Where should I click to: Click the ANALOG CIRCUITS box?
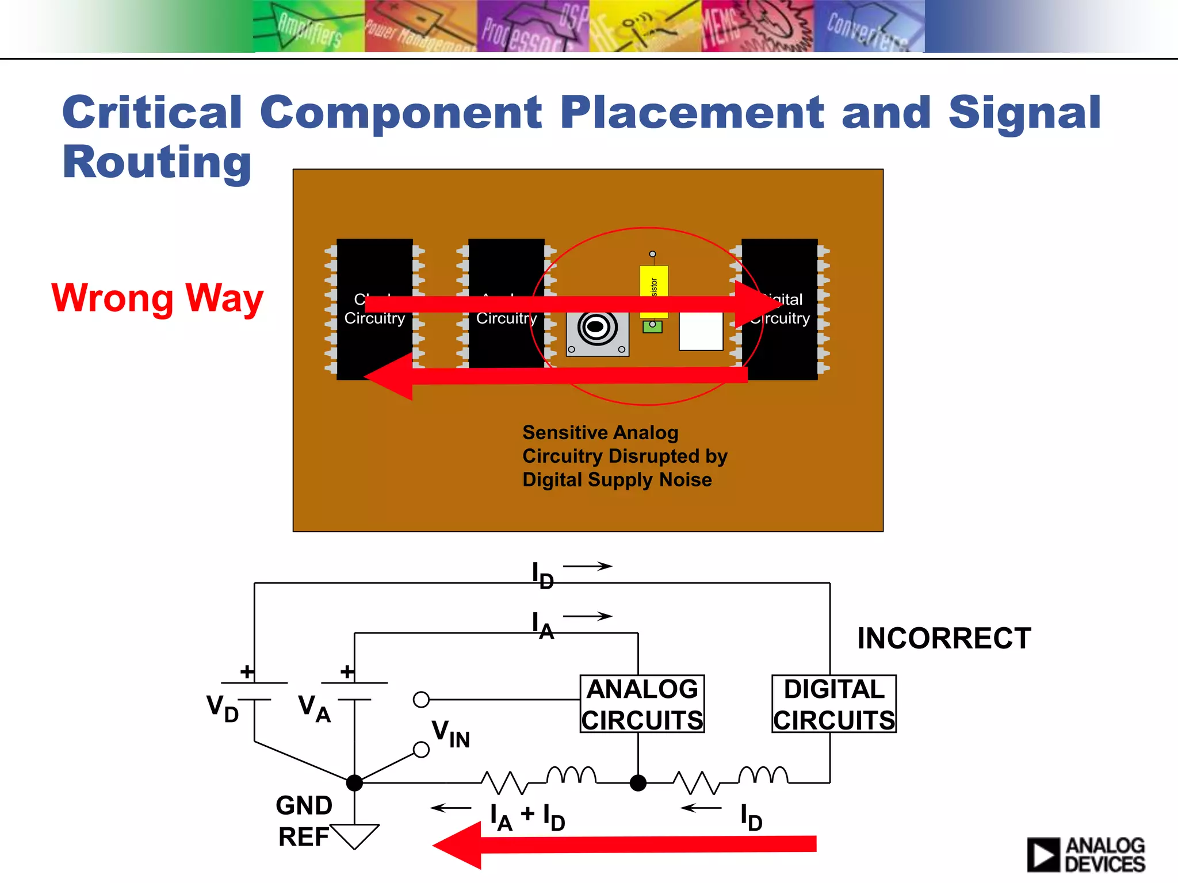click(642, 704)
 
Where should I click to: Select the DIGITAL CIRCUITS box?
click(833, 704)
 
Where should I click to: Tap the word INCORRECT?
click(944, 638)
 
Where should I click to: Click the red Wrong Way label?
click(157, 298)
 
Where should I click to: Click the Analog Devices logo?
click(1085, 854)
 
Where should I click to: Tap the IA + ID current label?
click(527, 816)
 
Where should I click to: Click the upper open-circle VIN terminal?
click(421, 700)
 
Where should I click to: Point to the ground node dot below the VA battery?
click(354, 783)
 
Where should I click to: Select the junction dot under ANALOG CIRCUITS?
click(638, 783)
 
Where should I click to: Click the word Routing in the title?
click(156, 162)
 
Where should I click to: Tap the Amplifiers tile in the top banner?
click(309, 26)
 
